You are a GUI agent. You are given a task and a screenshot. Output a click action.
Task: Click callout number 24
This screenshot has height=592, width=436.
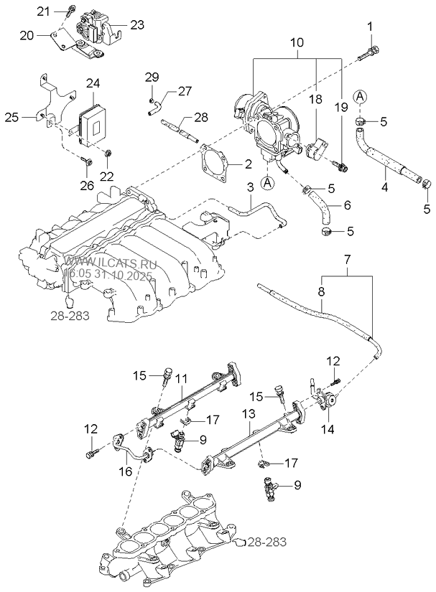tap(93, 83)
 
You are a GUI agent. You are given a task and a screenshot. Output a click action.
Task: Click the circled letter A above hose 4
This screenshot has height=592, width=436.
tap(360, 97)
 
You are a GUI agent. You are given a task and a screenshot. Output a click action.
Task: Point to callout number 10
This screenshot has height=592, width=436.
tap(297, 42)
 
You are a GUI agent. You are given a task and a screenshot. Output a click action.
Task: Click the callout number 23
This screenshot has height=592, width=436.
tap(137, 25)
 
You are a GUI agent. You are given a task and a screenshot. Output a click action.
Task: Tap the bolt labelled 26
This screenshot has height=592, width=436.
tap(88, 162)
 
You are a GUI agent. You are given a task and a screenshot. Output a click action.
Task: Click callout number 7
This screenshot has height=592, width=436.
tap(348, 260)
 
